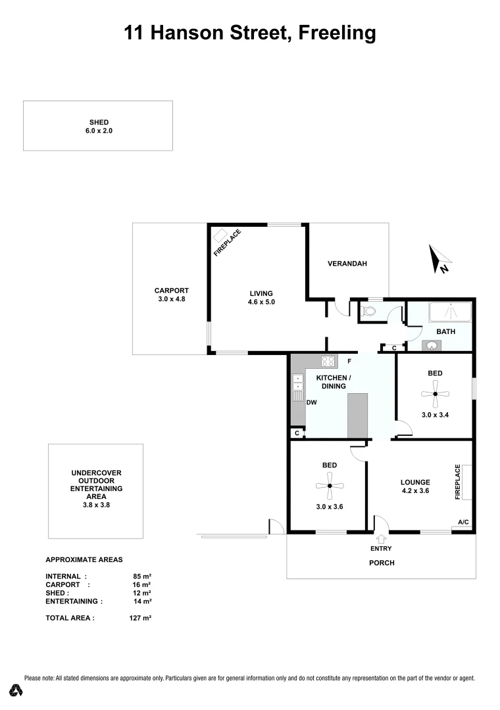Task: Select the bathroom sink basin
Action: [x=431, y=346]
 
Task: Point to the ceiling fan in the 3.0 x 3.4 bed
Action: [x=434, y=394]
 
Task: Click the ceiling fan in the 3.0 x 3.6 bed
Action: [x=329, y=486]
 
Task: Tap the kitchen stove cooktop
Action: [x=329, y=361]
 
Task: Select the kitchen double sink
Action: [x=297, y=383]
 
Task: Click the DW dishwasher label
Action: [x=312, y=402]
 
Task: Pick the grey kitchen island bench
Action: [x=358, y=415]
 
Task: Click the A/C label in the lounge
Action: [x=463, y=523]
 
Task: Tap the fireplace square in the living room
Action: [x=220, y=235]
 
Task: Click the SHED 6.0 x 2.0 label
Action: [x=98, y=126]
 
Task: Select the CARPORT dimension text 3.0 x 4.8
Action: [x=172, y=299]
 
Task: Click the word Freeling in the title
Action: [x=337, y=32]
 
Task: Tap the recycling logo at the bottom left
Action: [x=16, y=690]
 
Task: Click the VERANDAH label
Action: [x=347, y=264]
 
